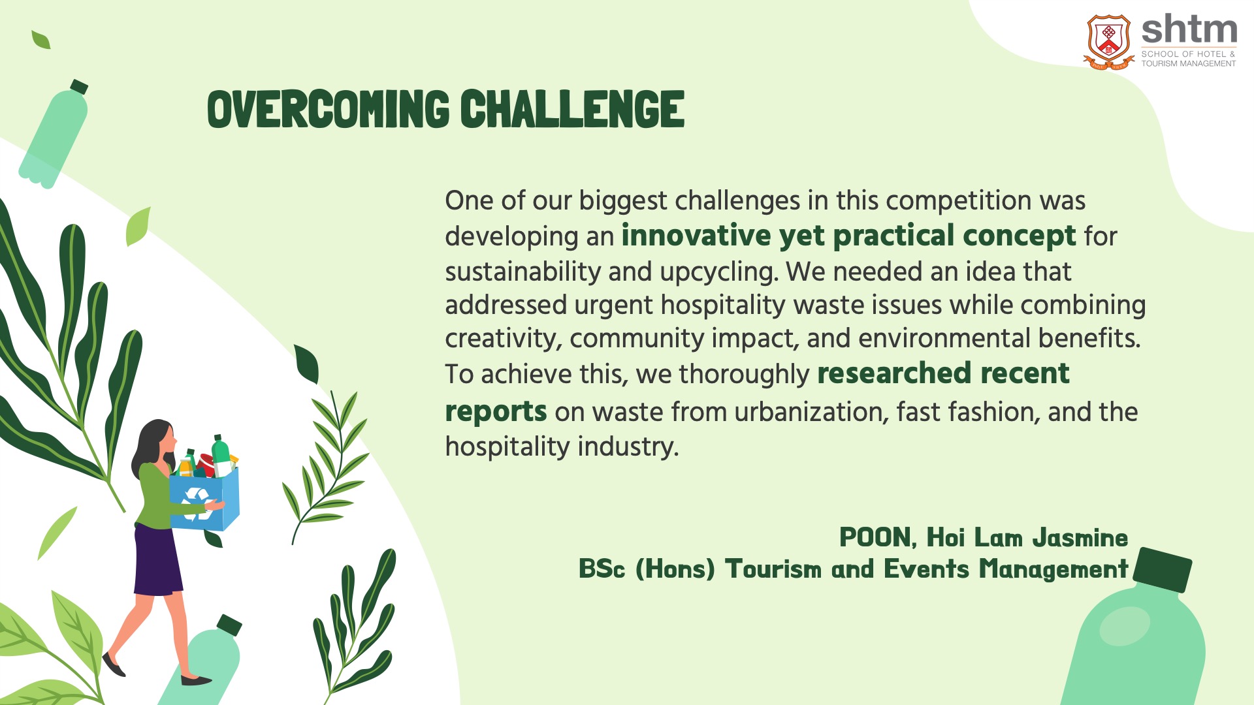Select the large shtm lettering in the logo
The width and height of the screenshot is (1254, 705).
[1189, 30]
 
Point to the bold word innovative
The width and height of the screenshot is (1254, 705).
[696, 236]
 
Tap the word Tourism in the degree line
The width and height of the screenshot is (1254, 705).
[773, 569]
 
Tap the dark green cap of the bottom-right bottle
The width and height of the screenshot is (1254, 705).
[1162, 569]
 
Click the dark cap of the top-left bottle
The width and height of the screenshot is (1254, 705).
[79, 87]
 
